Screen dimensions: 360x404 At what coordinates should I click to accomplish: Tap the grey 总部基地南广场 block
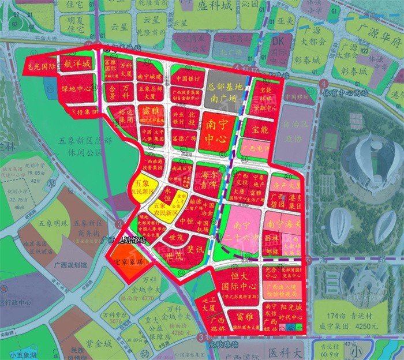[x=222, y=91]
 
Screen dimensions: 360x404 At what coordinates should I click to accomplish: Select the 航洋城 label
[x=77, y=65]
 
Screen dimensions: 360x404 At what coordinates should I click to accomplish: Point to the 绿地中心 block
[x=77, y=89]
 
